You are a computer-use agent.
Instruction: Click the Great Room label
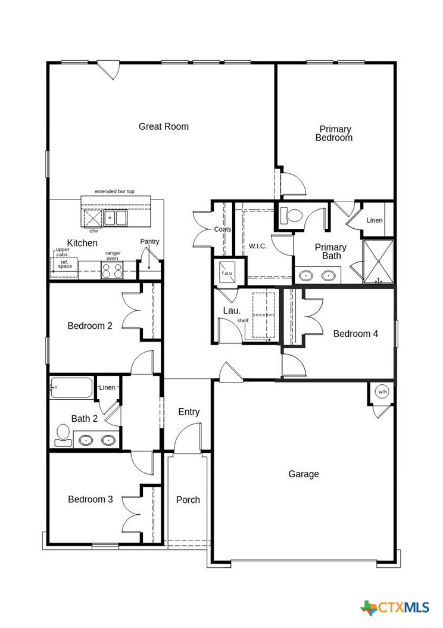tap(164, 126)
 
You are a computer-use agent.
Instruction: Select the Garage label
tap(304, 474)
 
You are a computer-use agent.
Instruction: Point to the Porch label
tap(188, 500)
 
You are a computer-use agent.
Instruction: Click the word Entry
tap(189, 412)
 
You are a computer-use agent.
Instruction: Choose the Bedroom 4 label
tap(355, 334)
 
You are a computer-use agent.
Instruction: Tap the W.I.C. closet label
tap(257, 246)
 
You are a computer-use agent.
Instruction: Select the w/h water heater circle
tap(382, 392)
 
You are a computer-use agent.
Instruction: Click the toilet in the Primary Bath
tap(291, 215)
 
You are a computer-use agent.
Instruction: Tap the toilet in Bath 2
tap(63, 435)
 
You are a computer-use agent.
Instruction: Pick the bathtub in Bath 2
tap(71, 388)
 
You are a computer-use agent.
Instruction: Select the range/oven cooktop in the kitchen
tap(113, 271)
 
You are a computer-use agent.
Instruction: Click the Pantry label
tap(149, 241)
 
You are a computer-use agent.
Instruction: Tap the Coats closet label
tap(223, 229)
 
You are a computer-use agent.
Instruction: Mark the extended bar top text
tap(115, 192)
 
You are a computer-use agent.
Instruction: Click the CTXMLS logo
tap(395, 608)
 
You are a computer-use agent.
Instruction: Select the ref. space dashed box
tap(64, 266)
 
